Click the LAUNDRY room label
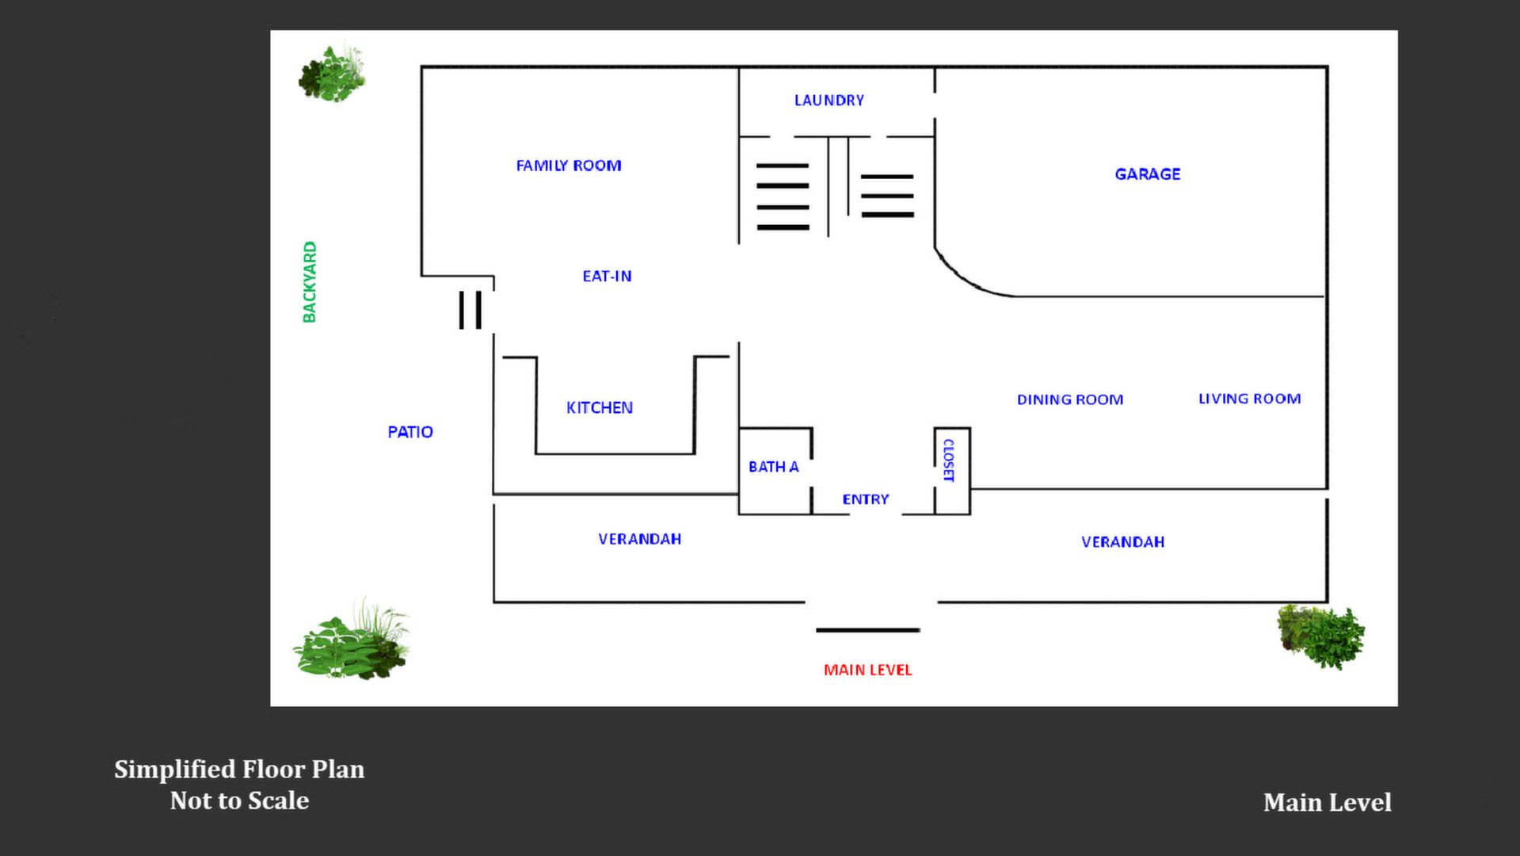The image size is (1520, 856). [x=829, y=101]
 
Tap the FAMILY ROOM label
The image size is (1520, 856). [x=569, y=166]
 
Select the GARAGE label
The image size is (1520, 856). [x=1147, y=174]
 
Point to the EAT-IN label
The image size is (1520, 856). [x=607, y=277]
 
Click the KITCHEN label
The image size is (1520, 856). [x=599, y=408]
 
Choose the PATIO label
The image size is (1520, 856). [x=410, y=432]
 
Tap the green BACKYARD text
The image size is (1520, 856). [x=310, y=282]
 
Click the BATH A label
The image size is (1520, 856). [x=773, y=467]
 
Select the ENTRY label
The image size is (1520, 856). [x=865, y=499]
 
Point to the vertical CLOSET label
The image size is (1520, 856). [x=948, y=460]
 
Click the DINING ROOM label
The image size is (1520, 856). [x=1069, y=399]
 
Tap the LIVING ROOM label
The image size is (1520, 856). [x=1249, y=399]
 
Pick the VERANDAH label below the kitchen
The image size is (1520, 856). [x=639, y=539]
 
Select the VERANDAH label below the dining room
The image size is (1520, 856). [x=1122, y=542]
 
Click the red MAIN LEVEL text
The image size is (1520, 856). [x=867, y=670]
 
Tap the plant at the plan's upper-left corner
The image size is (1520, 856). [x=333, y=74]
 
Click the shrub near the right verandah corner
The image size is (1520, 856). [x=1320, y=636]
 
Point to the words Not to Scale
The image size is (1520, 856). [x=239, y=801]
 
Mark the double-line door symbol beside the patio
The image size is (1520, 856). [x=470, y=309]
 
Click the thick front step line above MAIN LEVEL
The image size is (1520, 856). [x=867, y=630]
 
